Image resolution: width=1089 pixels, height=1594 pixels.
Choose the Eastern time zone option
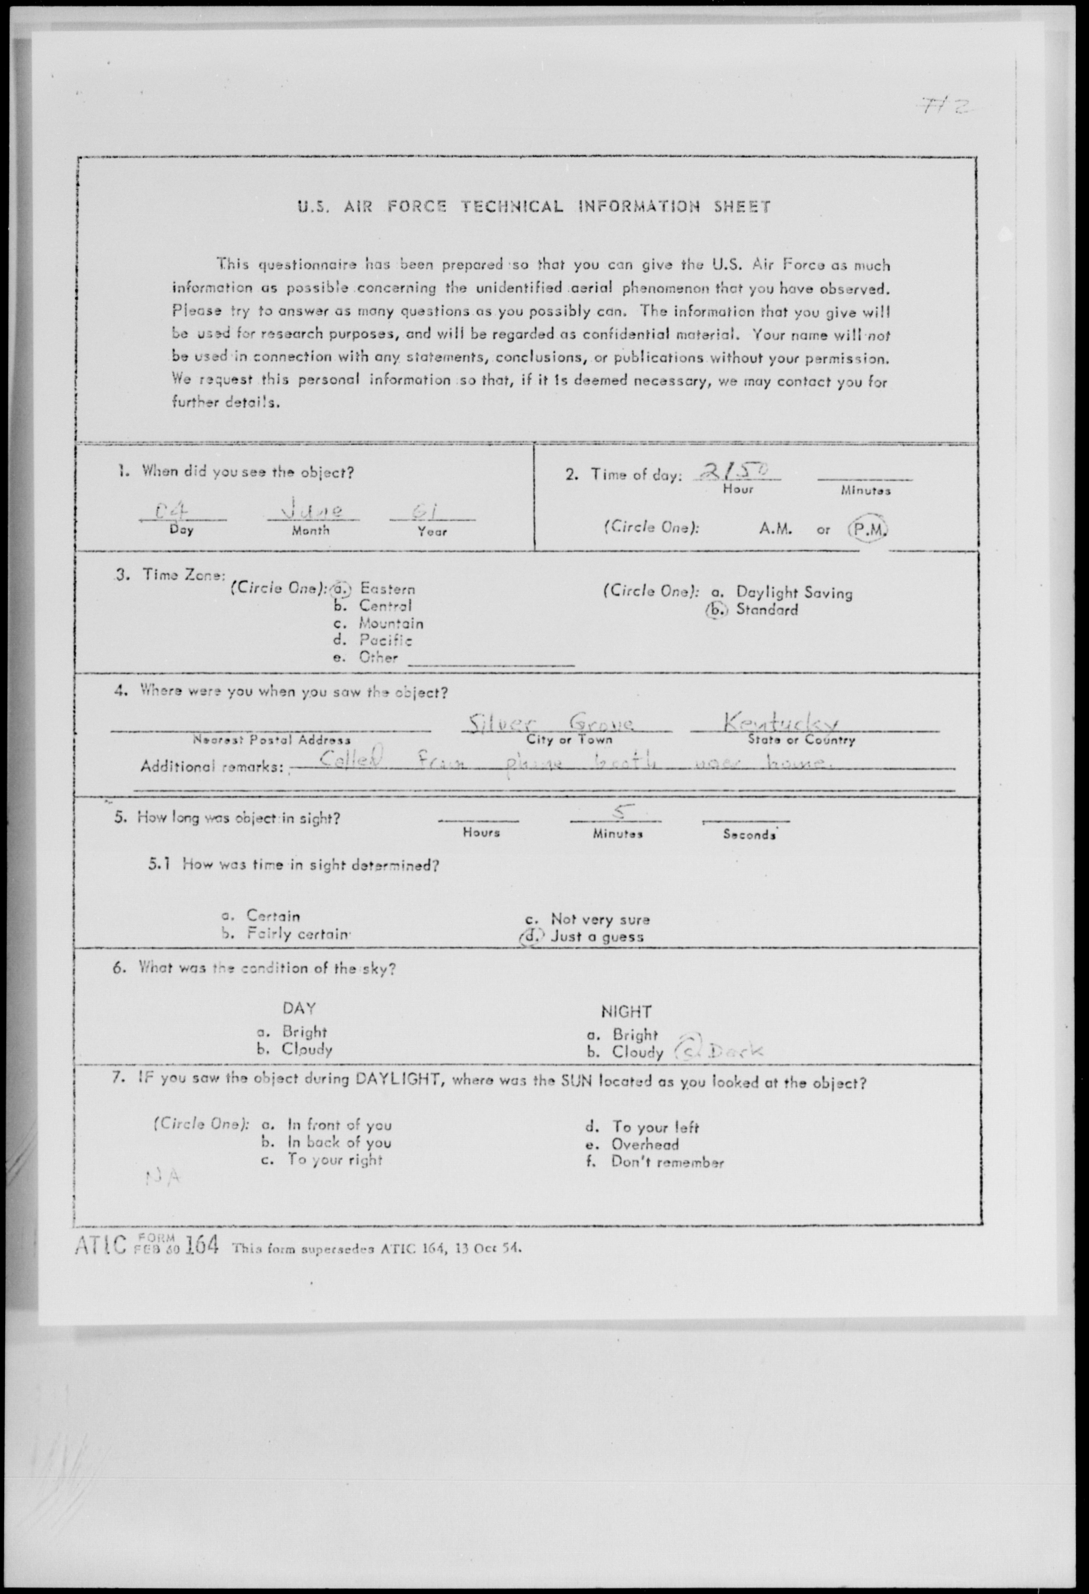tap(386, 588)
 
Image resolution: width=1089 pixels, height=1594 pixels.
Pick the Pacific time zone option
tap(385, 641)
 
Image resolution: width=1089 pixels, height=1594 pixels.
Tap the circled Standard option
tap(766, 609)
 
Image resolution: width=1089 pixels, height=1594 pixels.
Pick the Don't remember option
tap(667, 1162)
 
